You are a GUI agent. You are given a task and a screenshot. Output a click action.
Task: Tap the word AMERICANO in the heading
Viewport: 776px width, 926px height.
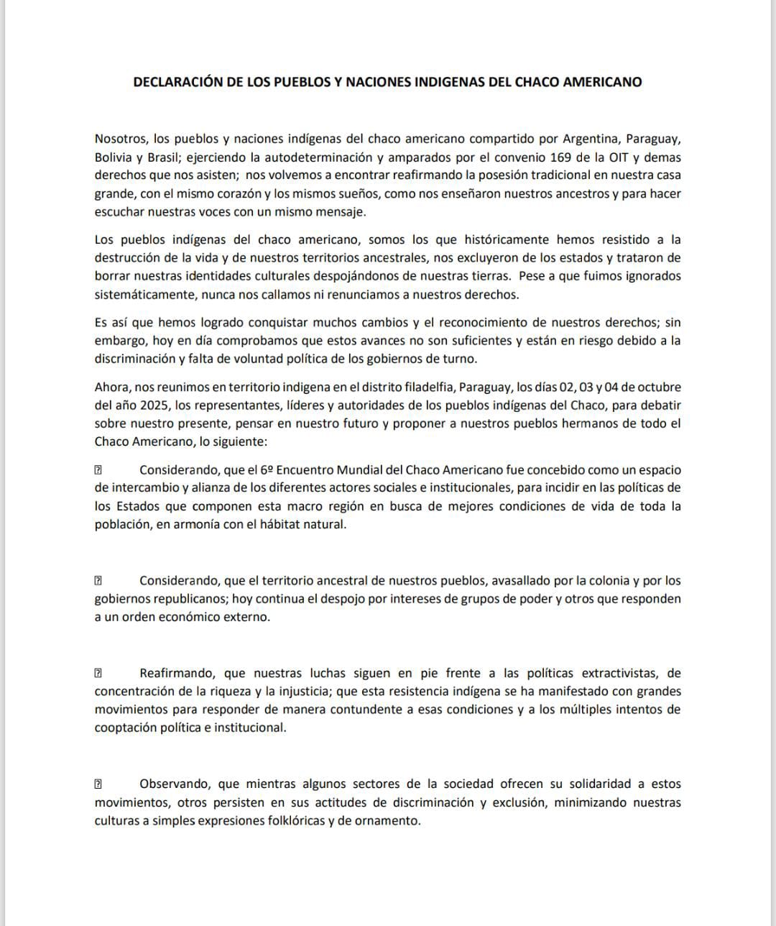(602, 82)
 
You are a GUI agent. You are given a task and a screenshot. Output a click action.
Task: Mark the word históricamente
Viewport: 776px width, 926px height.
(471, 239)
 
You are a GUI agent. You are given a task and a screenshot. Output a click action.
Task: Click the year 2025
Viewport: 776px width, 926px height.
(144, 405)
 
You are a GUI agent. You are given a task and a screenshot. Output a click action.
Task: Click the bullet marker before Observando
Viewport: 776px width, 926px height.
(98, 784)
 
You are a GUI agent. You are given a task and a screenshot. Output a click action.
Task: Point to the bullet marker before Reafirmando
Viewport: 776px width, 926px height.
(98, 674)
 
